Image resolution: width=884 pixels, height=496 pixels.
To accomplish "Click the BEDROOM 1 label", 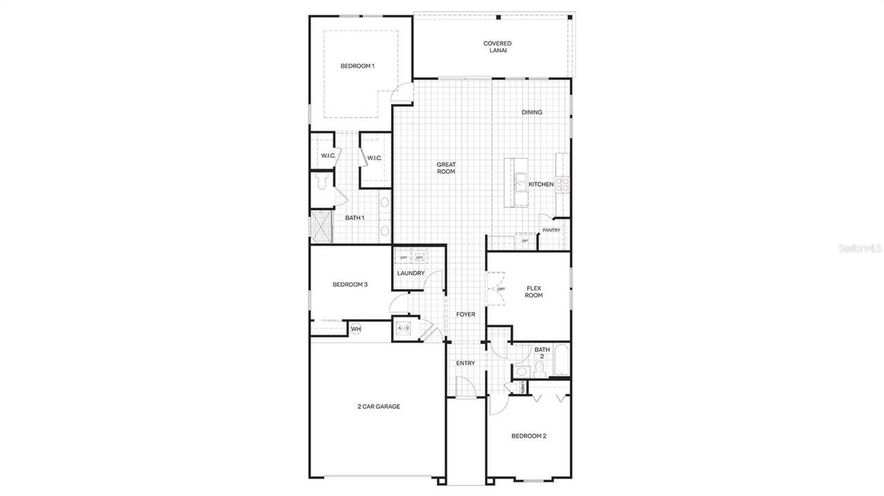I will pos(357,66).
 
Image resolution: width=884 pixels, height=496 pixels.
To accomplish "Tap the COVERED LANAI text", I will pos(497,47).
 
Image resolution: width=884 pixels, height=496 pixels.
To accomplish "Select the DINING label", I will pos(532,112).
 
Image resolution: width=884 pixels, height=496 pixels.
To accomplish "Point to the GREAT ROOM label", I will pos(446,168).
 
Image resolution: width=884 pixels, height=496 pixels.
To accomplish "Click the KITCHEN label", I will pos(541,184).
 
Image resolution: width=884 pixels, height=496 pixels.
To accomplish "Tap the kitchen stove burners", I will pos(563,184).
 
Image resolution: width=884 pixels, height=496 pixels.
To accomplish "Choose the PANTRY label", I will pos(551,230).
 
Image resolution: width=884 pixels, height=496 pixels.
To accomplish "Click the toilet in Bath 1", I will pos(320,181).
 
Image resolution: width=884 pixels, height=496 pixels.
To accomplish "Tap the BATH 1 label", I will pos(355,218).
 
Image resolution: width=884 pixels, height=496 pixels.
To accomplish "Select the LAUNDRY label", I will pos(411,274).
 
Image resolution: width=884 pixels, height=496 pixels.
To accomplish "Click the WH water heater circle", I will pos(356,329).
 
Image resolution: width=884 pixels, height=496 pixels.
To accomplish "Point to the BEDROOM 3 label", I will pos(350,284).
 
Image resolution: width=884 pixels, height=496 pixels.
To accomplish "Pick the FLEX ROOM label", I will pos(534,291).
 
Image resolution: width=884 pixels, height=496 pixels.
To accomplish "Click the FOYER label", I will pos(465,315).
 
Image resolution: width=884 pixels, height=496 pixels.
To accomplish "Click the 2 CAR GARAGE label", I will pos(378,407).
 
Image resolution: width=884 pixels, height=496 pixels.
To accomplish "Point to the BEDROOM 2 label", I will pos(529,436).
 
